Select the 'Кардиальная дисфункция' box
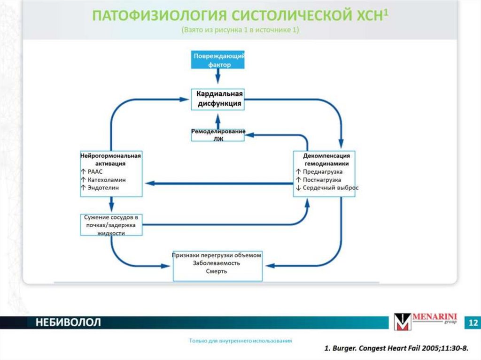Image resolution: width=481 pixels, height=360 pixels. coord(218,99)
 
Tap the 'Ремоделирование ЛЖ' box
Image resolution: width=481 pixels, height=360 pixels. coord(218,135)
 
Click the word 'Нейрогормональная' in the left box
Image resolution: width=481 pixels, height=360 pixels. coord(111,155)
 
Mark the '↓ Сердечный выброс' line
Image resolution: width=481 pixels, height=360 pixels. coord(327,188)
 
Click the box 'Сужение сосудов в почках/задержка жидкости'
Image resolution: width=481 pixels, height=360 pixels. coord(111,225)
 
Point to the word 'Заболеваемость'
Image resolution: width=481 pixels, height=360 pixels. coord(217,263)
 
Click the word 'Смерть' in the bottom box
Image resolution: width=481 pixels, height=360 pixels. coord(217,271)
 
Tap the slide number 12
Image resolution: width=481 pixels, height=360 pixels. coord(473,323)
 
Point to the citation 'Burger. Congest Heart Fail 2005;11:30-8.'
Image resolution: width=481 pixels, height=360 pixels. coord(399,349)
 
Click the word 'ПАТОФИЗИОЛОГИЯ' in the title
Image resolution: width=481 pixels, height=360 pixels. coord(158,15)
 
